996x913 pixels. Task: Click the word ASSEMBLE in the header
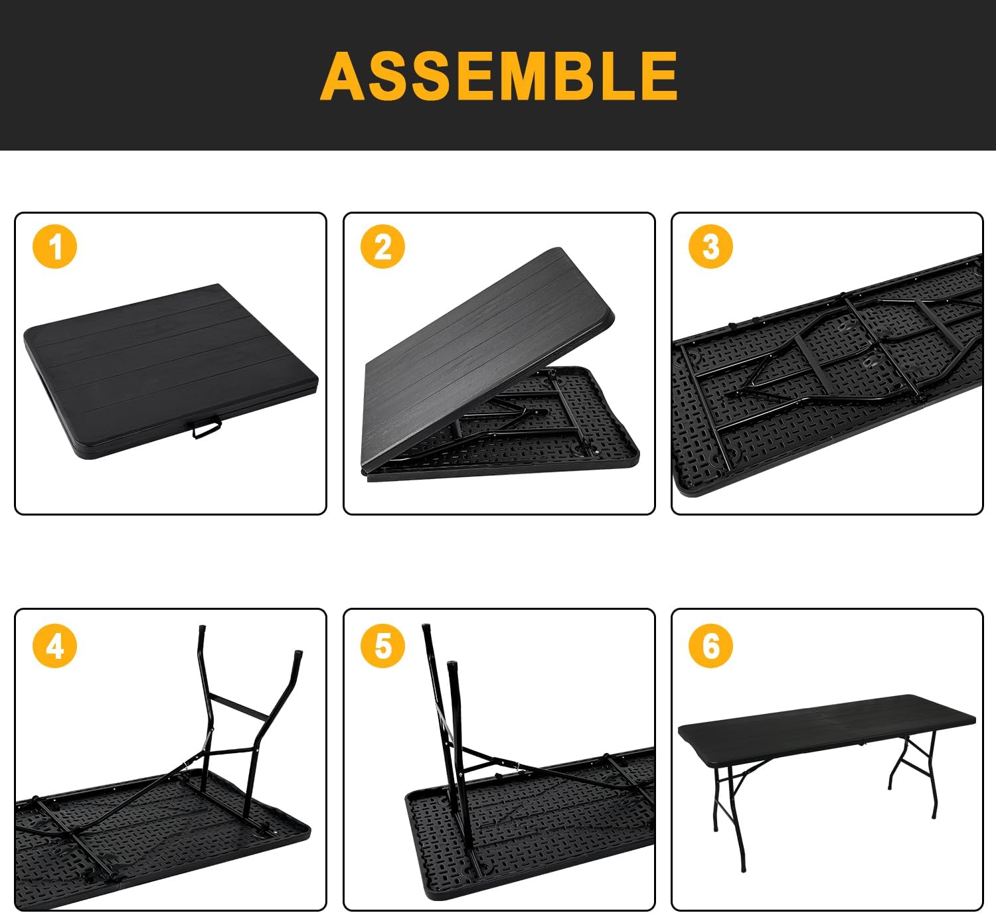[499, 76]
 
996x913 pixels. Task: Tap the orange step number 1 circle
[55, 246]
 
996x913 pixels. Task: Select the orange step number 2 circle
[383, 246]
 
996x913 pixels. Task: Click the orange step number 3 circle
[711, 246]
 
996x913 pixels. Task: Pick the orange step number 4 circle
[55, 645]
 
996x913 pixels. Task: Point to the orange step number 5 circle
[383, 645]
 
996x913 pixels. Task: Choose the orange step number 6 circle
[711, 645]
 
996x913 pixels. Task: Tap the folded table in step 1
[166, 365]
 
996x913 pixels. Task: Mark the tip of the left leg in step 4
[201, 628]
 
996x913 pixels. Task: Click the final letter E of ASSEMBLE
[653, 76]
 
